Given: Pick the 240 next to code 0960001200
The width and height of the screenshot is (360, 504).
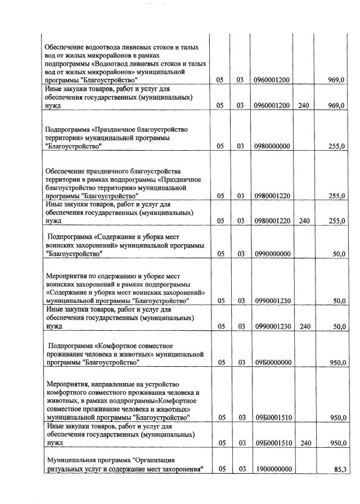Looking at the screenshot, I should tap(304, 106).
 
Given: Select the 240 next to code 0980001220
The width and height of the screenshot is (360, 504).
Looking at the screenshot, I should tap(304, 221).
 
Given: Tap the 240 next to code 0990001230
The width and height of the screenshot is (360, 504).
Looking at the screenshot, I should tap(304, 326).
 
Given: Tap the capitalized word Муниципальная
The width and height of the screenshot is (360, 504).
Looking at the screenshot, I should tap(71, 461).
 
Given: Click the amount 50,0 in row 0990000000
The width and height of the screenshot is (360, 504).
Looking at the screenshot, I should tap(339, 254).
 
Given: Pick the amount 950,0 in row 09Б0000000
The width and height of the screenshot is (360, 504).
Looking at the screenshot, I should tap(337, 363).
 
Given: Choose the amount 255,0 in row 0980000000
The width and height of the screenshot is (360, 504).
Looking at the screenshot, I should tap(337, 146).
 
